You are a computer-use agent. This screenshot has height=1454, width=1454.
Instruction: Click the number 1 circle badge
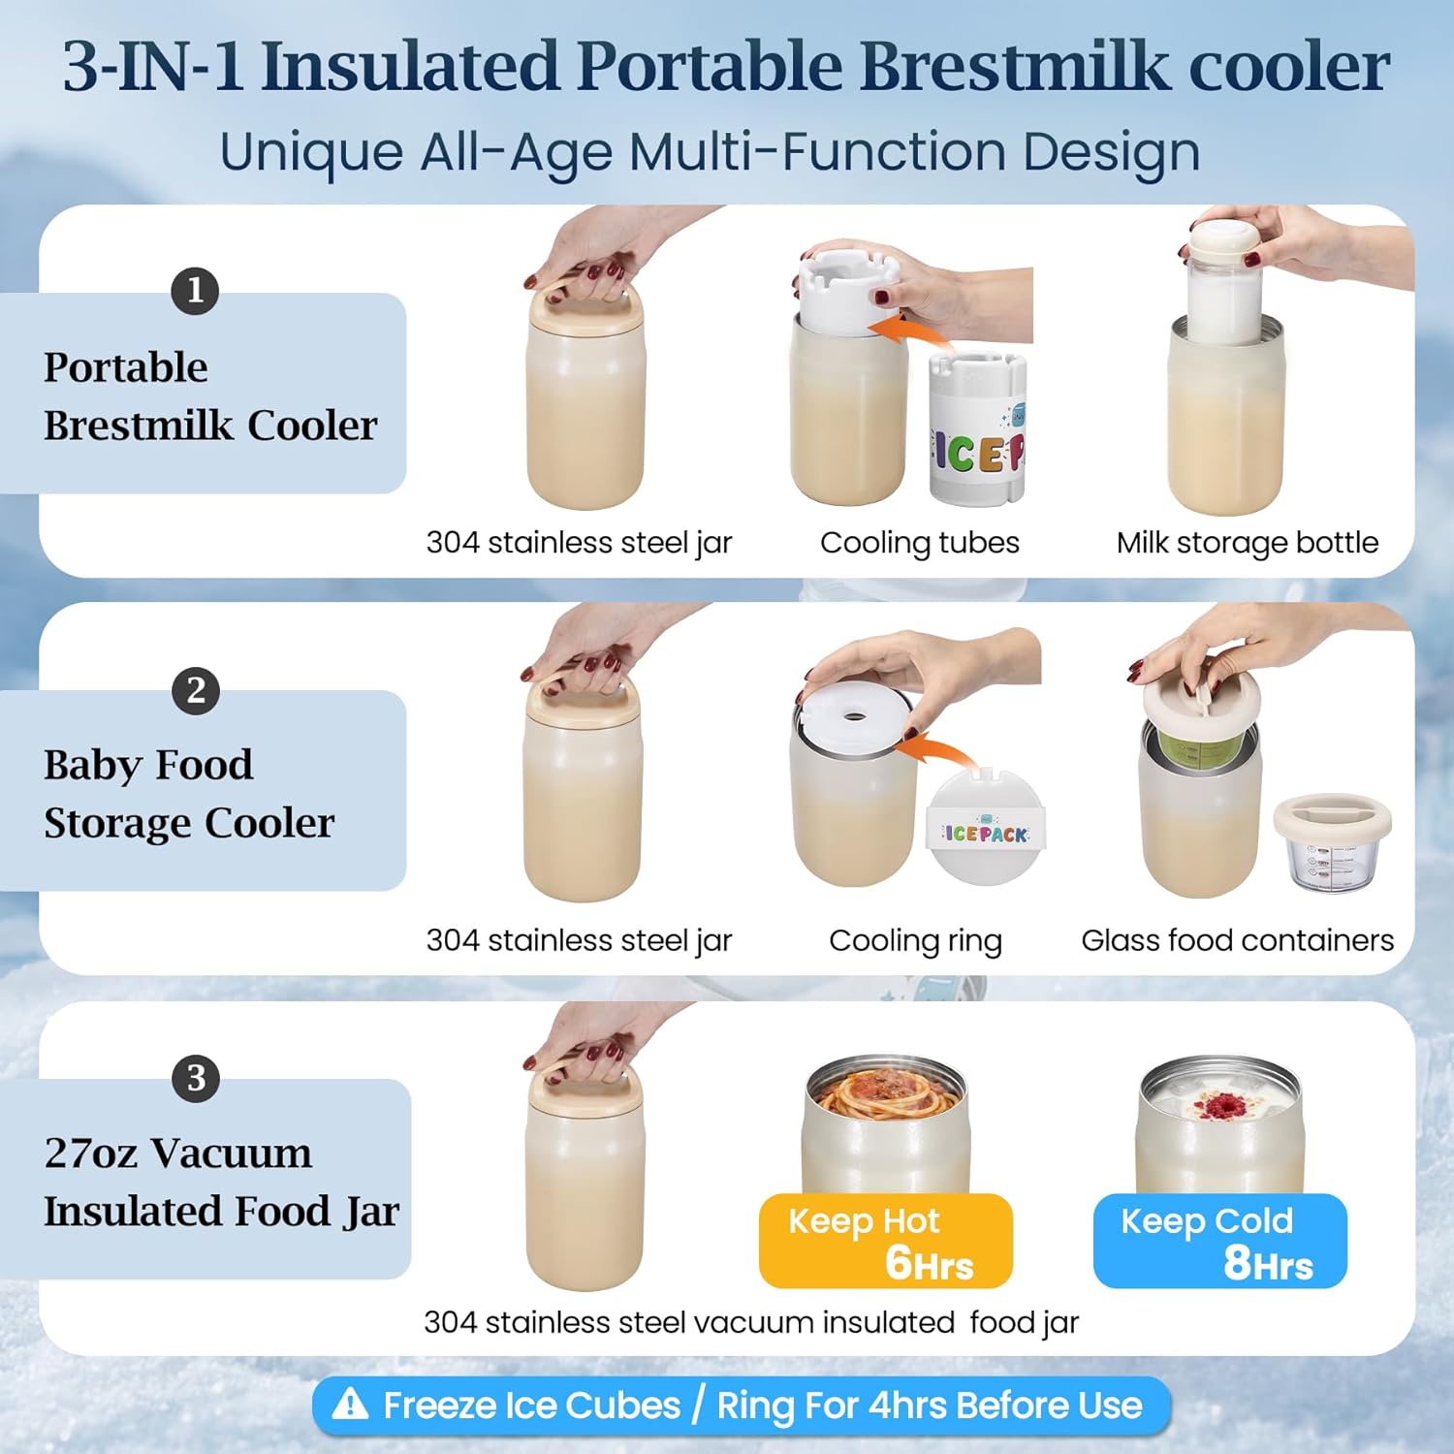[x=195, y=291]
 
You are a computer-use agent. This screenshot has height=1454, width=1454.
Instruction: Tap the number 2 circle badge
[x=196, y=691]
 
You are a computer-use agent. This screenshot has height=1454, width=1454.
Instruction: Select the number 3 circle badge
[x=196, y=1078]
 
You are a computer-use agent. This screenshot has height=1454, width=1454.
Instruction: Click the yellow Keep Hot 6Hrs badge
[x=885, y=1241]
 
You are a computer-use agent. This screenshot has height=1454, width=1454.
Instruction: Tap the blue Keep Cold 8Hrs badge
[x=1219, y=1241]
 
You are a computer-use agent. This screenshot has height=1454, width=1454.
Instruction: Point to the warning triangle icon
[x=350, y=1404]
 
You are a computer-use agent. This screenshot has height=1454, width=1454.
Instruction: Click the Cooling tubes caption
[x=919, y=543]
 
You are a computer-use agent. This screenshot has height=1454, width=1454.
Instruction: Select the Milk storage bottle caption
[x=1247, y=543]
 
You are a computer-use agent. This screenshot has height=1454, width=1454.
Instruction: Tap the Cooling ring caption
[x=915, y=940]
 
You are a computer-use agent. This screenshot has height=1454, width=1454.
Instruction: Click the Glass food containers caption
[x=1237, y=940]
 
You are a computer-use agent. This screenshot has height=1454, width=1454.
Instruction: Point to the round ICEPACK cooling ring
[x=985, y=831]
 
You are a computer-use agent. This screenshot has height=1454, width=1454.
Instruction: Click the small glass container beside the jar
[x=1333, y=843]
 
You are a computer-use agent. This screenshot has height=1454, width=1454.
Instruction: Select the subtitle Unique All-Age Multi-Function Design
[x=710, y=152]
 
